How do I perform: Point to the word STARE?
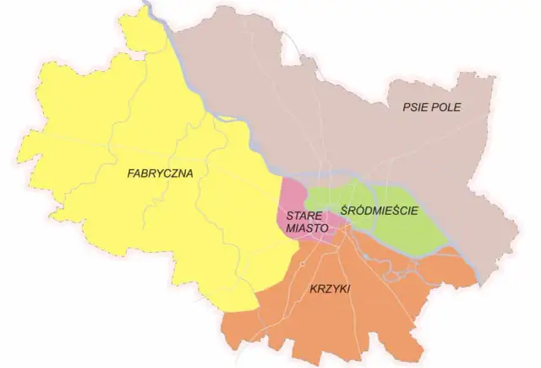coord(302,216)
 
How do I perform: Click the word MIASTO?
coord(303,228)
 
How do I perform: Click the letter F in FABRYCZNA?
coord(128,173)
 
